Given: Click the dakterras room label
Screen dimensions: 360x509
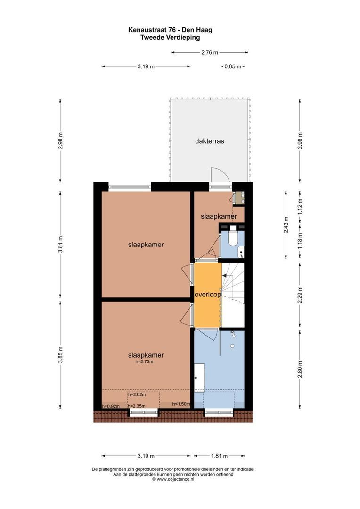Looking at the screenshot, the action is (209, 141).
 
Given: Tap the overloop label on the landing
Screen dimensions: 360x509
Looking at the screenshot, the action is (208, 295).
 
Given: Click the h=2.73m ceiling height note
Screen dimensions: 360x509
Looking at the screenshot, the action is (145, 361).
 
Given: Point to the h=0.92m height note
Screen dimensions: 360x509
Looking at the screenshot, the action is (111, 406).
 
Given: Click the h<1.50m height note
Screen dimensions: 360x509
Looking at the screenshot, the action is (181, 404).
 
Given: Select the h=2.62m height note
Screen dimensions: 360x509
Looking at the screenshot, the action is (137, 395).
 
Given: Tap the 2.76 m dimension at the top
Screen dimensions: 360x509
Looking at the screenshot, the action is (210, 52).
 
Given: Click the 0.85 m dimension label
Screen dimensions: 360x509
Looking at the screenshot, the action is (233, 66).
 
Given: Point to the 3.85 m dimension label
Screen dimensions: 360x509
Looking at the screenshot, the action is (60, 355).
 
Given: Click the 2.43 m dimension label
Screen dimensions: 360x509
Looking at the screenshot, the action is (286, 225).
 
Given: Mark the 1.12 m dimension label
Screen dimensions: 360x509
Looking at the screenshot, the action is (300, 205).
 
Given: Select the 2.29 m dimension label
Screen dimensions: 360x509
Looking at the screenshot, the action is (300, 295).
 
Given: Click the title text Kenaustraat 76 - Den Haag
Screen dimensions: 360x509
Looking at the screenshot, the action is (170, 30).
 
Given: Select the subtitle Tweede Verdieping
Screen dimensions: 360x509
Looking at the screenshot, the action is (170, 37).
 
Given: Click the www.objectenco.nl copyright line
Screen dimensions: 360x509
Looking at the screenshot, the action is (173, 479).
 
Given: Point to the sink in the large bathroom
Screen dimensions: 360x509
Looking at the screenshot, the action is (199, 378).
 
